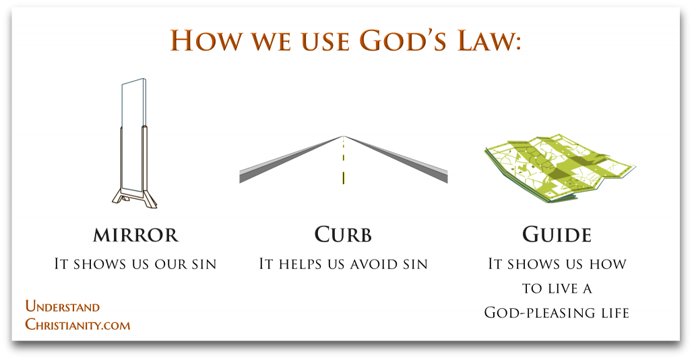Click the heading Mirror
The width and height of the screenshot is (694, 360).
(x=135, y=235)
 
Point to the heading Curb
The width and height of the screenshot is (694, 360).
(x=343, y=235)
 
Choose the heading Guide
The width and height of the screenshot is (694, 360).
(x=557, y=235)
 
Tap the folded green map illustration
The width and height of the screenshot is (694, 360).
(x=559, y=169)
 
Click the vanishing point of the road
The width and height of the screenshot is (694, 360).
(x=344, y=136)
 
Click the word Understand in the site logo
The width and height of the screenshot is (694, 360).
(x=63, y=307)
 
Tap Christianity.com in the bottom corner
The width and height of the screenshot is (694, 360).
(x=77, y=324)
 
